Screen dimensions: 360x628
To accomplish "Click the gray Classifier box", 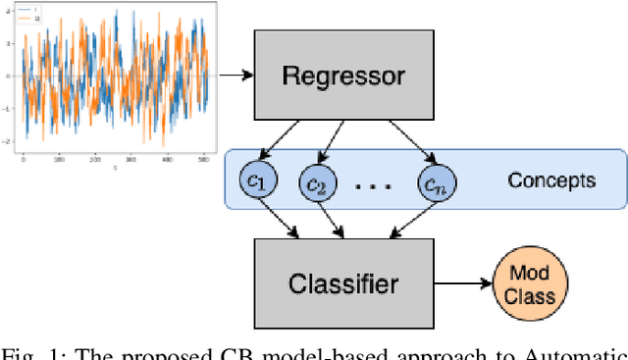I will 342,284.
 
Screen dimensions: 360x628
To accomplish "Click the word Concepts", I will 551,180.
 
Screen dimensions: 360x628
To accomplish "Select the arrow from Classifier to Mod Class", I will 460,285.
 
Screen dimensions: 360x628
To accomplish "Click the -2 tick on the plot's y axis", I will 9,141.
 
